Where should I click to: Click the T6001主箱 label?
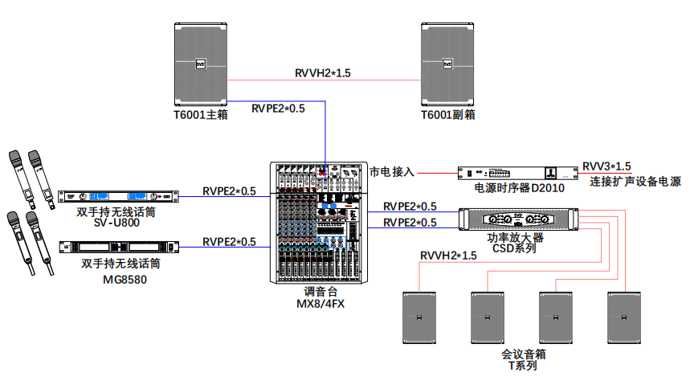201,115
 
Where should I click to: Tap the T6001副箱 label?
448,115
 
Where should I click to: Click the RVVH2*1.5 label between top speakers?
323,74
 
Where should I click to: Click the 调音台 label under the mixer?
319,292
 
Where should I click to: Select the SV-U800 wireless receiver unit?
117,196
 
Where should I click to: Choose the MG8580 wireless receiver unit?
117,247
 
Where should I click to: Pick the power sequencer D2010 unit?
518,173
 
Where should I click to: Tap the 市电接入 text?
391,172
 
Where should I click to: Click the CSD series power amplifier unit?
520,219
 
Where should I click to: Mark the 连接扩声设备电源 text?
635,182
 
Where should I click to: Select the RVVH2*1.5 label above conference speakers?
448,256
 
